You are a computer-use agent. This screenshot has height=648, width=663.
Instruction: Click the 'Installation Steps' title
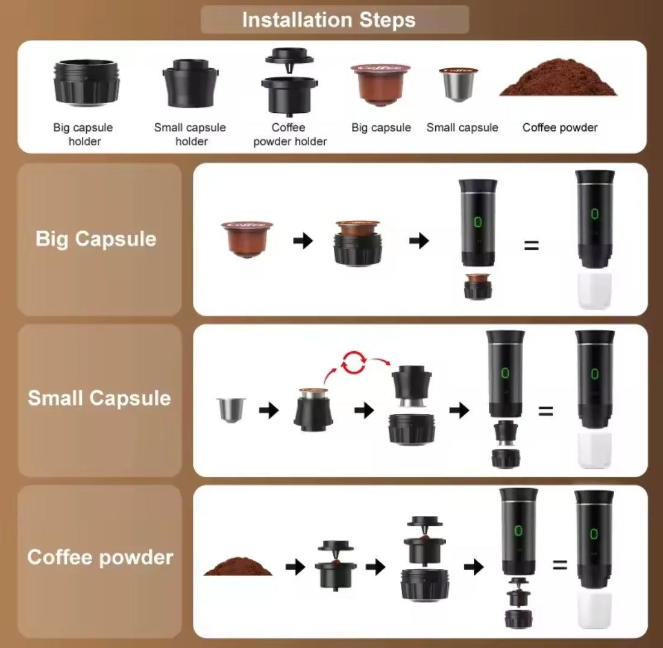click(x=328, y=20)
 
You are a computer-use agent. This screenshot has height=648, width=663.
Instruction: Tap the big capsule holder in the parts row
click(x=87, y=82)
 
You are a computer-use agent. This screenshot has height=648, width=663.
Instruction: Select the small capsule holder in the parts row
click(x=190, y=83)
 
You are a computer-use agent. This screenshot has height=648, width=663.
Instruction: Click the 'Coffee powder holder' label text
click(x=290, y=134)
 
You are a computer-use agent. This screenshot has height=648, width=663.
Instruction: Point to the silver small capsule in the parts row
click(x=458, y=84)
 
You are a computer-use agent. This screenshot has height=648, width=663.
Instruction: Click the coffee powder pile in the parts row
click(x=558, y=78)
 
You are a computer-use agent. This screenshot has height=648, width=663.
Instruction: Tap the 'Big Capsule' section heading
click(x=96, y=239)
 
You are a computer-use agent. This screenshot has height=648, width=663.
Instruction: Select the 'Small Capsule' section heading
click(x=99, y=398)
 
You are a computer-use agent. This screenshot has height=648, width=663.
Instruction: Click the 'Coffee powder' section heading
click(x=100, y=557)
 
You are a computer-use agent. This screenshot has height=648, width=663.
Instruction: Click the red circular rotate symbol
click(x=354, y=363)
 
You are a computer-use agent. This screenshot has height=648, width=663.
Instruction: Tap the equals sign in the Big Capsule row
click(x=532, y=245)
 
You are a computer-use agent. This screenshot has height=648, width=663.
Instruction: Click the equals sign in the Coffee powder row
click(x=560, y=565)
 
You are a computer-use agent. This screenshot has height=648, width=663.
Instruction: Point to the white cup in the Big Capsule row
click(x=594, y=291)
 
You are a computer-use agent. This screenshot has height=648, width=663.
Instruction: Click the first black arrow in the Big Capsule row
click(x=303, y=241)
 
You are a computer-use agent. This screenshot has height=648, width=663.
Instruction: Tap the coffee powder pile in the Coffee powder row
click(x=238, y=567)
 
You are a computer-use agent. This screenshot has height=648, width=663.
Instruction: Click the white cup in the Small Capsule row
click(x=594, y=450)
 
